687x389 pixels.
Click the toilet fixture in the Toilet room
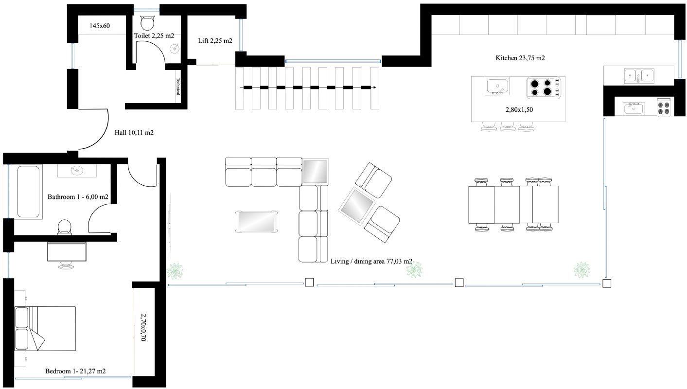[x=147, y=23]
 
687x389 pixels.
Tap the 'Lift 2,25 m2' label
[x=215, y=40]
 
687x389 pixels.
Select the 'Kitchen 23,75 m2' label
[x=520, y=58]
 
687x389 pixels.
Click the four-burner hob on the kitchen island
[x=544, y=88]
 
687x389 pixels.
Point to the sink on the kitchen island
[x=497, y=86]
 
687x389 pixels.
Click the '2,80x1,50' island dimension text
[x=519, y=109]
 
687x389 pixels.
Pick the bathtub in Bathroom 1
[x=28, y=192]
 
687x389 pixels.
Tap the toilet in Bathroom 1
[x=64, y=228]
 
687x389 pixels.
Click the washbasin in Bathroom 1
[x=77, y=170]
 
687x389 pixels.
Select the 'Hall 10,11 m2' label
[x=134, y=133]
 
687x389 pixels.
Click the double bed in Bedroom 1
[x=45, y=328]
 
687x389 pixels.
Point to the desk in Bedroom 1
[x=67, y=251]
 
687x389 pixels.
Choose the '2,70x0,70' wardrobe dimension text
[x=143, y=327]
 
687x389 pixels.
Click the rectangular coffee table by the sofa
[x=256, y=222]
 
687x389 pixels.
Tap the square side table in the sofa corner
[x=315, y=171]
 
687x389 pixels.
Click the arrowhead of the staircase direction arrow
[x=374, y=88]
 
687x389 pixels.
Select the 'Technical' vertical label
[x=178, y=86]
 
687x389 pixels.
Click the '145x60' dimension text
[x=100, y=26]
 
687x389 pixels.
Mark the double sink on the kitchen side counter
[x=639, y=75]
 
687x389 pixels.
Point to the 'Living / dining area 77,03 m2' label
[x=371, y=262]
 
